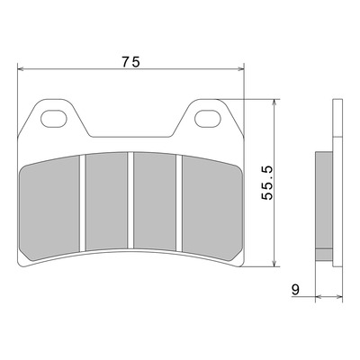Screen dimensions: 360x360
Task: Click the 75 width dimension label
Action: (x=131, y=62)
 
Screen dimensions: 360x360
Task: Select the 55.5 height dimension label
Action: (x=266, y=183)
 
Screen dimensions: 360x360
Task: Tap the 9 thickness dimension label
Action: (x=295, y=290)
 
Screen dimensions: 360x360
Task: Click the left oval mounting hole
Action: (x=53, y=119)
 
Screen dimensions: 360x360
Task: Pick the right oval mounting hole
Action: (x=208, y=119)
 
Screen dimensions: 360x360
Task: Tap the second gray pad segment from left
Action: (x=106, y=201)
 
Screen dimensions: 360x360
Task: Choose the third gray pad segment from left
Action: (x=155, y=201)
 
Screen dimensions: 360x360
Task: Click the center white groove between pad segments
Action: (x=130, y=201)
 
